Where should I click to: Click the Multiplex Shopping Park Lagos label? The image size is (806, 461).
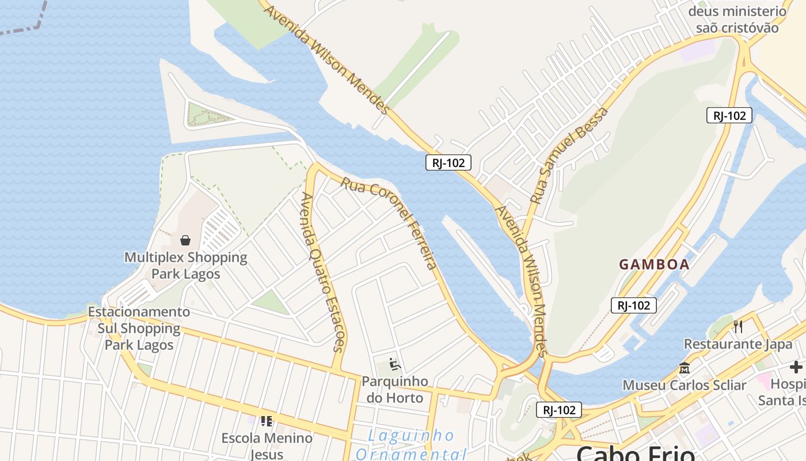pos(186,265)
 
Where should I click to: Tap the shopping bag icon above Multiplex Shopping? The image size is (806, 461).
pos(185,240)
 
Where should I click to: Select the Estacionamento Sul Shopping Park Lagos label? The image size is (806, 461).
pos(139,328)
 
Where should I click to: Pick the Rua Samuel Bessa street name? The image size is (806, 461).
pos(569,156)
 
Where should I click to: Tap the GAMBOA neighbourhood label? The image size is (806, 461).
pos(654,264)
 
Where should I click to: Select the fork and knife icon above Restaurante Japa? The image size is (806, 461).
pos(738,327)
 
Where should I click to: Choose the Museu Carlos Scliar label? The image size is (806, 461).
pos(685,385)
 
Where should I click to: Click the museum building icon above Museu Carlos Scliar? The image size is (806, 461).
pos(685,368)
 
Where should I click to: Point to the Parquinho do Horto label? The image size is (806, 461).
pos(395,390)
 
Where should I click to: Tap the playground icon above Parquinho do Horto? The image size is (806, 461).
pos(395,364)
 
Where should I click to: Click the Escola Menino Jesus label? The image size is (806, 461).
pos(267,445)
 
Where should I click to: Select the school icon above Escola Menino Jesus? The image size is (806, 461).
pos(266,421)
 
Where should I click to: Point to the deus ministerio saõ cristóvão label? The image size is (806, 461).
pos(737,20)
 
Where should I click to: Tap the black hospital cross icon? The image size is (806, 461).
pos(796,367)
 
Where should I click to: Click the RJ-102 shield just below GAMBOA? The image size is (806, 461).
pos(634,305)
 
